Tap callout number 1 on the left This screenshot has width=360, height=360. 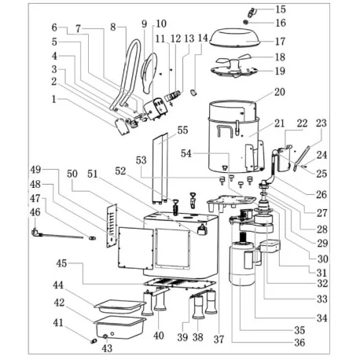tap(53, 99)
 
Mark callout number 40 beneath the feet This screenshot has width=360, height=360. tap(159, 336)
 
